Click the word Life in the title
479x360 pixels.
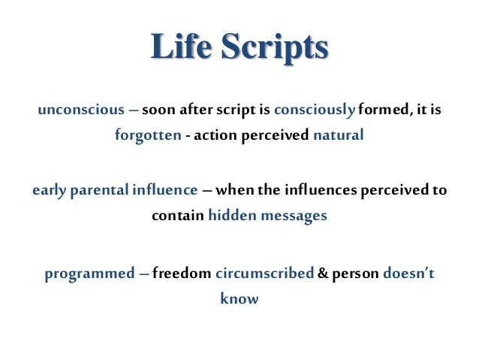(177, 48)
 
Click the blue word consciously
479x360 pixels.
(314, 110)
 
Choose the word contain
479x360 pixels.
(178, 216)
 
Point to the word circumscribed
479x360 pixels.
(264, 272)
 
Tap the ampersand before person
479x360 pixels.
(322, 272)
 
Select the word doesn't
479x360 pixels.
(408, 272)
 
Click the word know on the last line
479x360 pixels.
(239, 298)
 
